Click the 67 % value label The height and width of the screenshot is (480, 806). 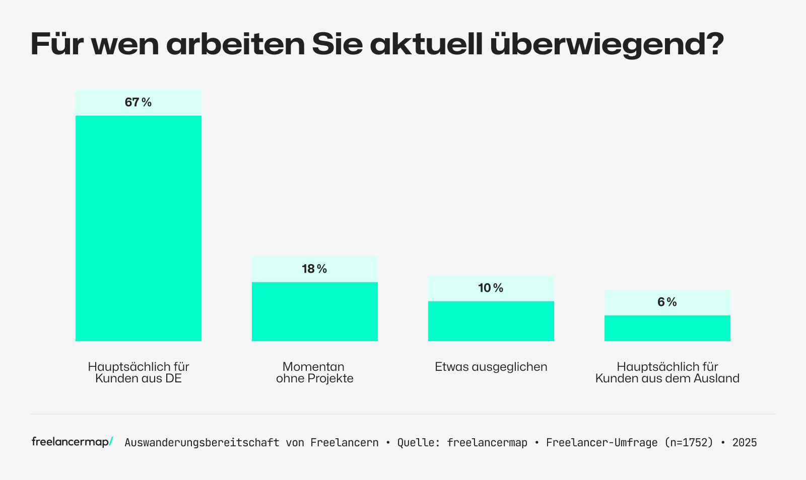click(x=138, y=103)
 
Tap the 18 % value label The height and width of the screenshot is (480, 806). click(x=314, y=269)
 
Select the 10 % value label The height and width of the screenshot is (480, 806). click(x=491, y=288)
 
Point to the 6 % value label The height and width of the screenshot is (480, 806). click(x=667, y=302)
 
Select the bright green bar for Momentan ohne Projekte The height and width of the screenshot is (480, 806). click(x=314, y=311)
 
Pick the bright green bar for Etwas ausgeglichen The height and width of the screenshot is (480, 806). click(x=491, y=321)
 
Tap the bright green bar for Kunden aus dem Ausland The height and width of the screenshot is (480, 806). click(x=667, y=328)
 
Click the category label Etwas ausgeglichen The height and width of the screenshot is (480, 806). click(x=491, y=367)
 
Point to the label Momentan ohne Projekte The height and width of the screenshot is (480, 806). click(x=314, y=372)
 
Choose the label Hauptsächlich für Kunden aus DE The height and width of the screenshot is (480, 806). click(x=138, y=372)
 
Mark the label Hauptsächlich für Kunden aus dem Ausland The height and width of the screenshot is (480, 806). click(x=667, y=372)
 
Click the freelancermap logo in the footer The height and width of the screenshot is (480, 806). click(x=72, y=442)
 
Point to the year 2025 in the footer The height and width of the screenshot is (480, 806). click(x=744, y=443)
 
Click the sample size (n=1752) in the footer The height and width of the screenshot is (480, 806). click(x=689, y=443)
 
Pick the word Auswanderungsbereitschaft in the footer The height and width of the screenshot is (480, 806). click(x=201, y=443)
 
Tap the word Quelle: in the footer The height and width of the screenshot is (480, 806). click(x=419, y=443)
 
